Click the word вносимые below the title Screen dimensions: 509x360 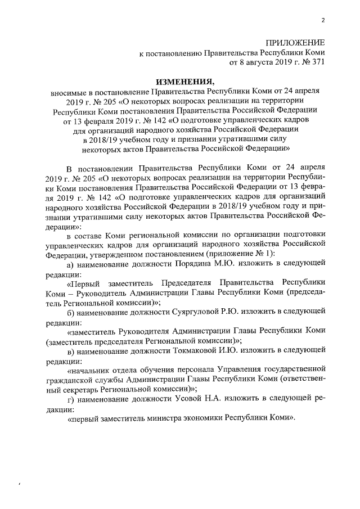coord(66,91)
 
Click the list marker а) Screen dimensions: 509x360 coord(71,264)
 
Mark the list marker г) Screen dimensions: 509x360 coord(71,399)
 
